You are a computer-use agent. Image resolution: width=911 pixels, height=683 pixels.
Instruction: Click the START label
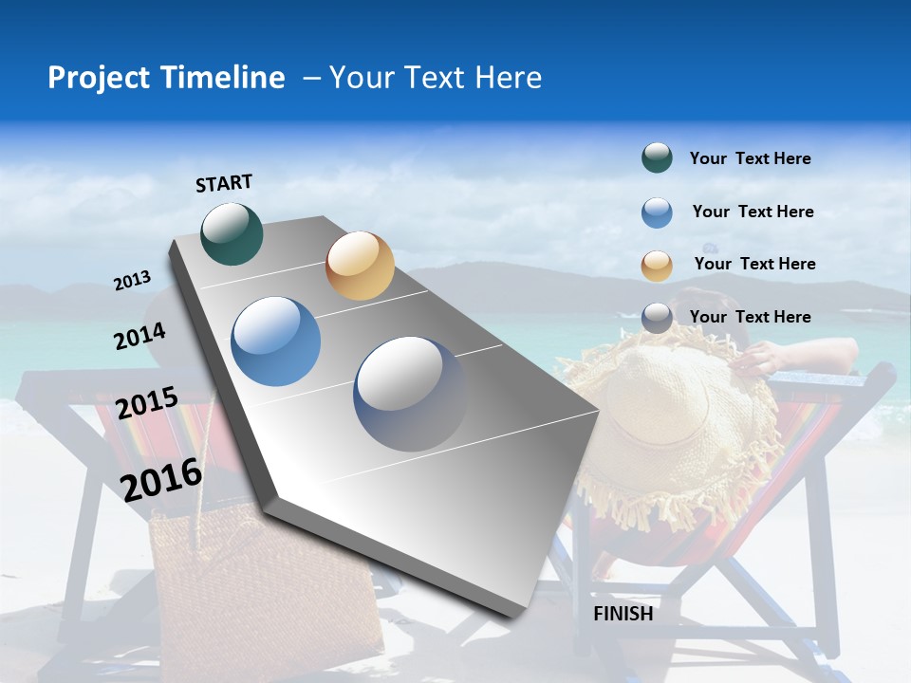pyautogui.click(x=224, y=183)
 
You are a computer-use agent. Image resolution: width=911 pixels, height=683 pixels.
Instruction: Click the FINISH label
pyautogui.click(x=623, y=614)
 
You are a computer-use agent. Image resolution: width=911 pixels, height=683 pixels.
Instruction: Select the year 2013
pyautogui.click(x=133, y=280)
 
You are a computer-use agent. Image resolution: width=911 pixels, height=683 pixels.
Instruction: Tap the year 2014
pyautogui.click(x=139, y=336)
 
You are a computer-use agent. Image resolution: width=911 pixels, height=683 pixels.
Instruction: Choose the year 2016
pyautogui.click(x=161, y=478)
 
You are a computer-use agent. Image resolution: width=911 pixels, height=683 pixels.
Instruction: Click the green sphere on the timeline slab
pyautogui.click(x=232, y=233)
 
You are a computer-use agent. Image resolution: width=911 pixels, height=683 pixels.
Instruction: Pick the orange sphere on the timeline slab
pyautogui.click(x=360, y=266)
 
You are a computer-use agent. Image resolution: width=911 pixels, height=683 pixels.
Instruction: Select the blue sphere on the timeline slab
pyautogui.click(x=276, y=341)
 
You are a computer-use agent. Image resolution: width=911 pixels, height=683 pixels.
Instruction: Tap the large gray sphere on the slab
pyautogui.click(x=410, y=393)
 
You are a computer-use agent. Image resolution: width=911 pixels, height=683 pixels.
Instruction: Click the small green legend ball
pyautogui.click(x=657, y=158)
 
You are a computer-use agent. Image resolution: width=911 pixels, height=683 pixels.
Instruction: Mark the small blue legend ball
pyautogui.click(x=657, y=212)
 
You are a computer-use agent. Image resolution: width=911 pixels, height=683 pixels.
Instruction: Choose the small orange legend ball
pyautogui.click(x=657, y=266)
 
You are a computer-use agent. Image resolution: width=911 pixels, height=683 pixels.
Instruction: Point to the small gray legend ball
pyautogui.click(x=657, y=318)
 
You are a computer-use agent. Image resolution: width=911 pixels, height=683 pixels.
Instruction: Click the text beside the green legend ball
pyautogui.click(x=750, y=158)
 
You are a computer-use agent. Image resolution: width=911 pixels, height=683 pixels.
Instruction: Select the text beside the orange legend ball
pyautogui.click(x=754, y=264)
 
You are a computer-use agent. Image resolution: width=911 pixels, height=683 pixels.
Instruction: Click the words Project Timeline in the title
pyautogui.click(x=166, y=78)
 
